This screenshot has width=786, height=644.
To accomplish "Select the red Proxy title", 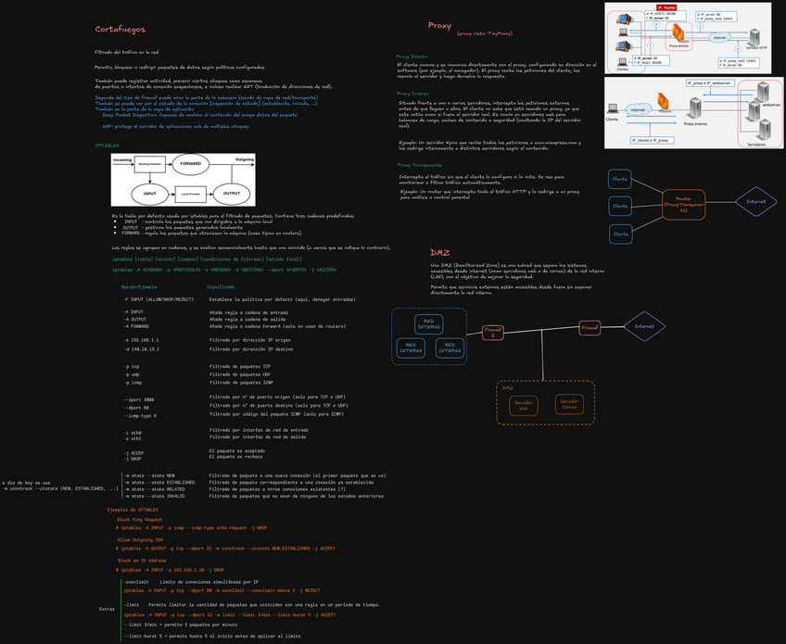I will click(x=439, y=26).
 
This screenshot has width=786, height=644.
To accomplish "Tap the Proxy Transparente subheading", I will click(x=419, y=164).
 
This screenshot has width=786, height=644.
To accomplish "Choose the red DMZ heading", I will click(x=440, y=252).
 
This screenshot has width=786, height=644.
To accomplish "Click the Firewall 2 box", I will click(x=492, y=332).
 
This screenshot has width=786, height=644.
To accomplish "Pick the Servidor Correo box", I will click(x=568, y=404).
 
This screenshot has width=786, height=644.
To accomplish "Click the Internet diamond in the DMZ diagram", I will click(x=644, y=326).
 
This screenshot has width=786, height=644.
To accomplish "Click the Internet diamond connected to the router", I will click(x=754, y=201).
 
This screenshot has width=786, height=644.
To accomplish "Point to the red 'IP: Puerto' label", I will click(x=640, y=6).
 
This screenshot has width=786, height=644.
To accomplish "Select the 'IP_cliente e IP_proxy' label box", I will click(x=649, y=140).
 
